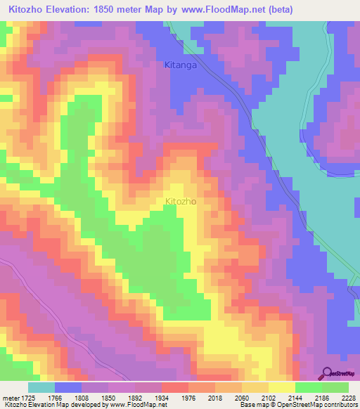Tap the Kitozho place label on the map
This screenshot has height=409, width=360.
180,202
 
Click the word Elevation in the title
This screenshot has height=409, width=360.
70,10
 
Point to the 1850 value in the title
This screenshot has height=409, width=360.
115,10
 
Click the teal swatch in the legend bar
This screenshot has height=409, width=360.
41,387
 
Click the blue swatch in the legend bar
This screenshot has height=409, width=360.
68,387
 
